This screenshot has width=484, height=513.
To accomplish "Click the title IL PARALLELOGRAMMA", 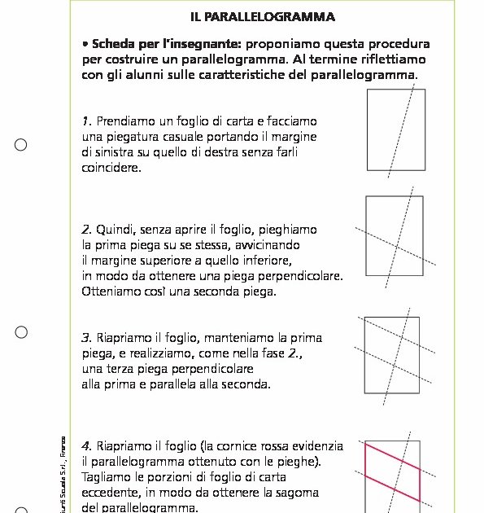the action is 263,16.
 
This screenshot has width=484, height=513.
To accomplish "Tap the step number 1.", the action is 86,121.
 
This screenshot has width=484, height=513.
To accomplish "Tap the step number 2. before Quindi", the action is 87,230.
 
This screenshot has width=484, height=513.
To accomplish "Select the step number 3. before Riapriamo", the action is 87,337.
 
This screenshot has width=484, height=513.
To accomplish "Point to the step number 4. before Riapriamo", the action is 87,446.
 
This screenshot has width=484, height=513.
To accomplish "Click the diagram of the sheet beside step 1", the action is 396,130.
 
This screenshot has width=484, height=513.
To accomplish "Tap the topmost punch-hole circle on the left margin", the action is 21,145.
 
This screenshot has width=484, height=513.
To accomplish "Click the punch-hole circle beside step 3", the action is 21,332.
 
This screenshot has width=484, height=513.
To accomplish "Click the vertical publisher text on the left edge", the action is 64,476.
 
